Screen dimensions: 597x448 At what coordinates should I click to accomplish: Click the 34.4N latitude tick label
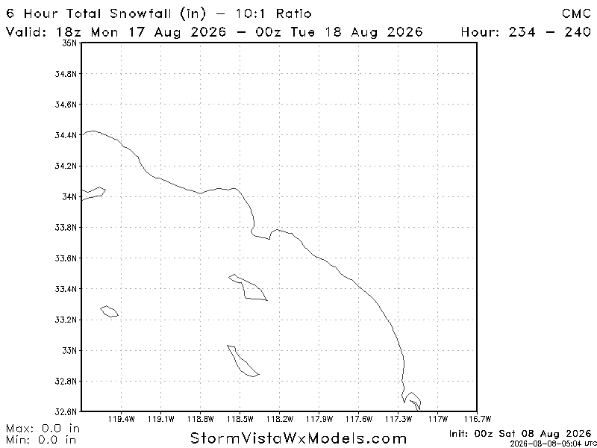(x=66, y=135)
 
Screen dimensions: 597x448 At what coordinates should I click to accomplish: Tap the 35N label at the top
(x=69, y=43)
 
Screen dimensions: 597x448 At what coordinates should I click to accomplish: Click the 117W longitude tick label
(x=438, y=419)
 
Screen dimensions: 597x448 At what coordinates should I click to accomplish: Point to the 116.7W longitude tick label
(x=478, y=419)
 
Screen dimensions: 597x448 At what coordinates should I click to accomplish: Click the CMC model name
(x=576, y=13)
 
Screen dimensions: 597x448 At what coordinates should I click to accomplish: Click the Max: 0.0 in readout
(x=43, y=429)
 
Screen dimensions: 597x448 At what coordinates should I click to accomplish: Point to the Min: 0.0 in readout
(x=41, y=440)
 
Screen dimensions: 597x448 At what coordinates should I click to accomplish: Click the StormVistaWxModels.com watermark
(x=298, y=438)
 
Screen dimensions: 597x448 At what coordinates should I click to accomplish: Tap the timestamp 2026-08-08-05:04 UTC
(x=551, y=444)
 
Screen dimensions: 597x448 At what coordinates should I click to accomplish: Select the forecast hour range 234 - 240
(x=549, y=31)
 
